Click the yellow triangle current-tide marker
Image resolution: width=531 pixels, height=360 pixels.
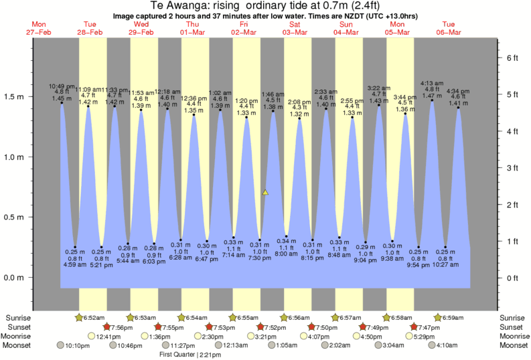click(x=265, y=193)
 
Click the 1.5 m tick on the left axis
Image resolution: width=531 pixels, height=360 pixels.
click(x=31, y=97)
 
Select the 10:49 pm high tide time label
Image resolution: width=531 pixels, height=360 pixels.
click(x=62, y=86)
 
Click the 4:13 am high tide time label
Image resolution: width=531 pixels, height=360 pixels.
click(x=432, y=84)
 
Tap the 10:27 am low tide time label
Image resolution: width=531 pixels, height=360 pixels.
click(x=446, y=264)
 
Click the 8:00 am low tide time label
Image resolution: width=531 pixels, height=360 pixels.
click(x=286, y=254)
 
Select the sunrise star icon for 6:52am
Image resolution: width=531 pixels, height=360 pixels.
click(x=80, y=317)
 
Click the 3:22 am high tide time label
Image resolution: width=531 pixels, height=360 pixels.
click(x=380, y=88)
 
